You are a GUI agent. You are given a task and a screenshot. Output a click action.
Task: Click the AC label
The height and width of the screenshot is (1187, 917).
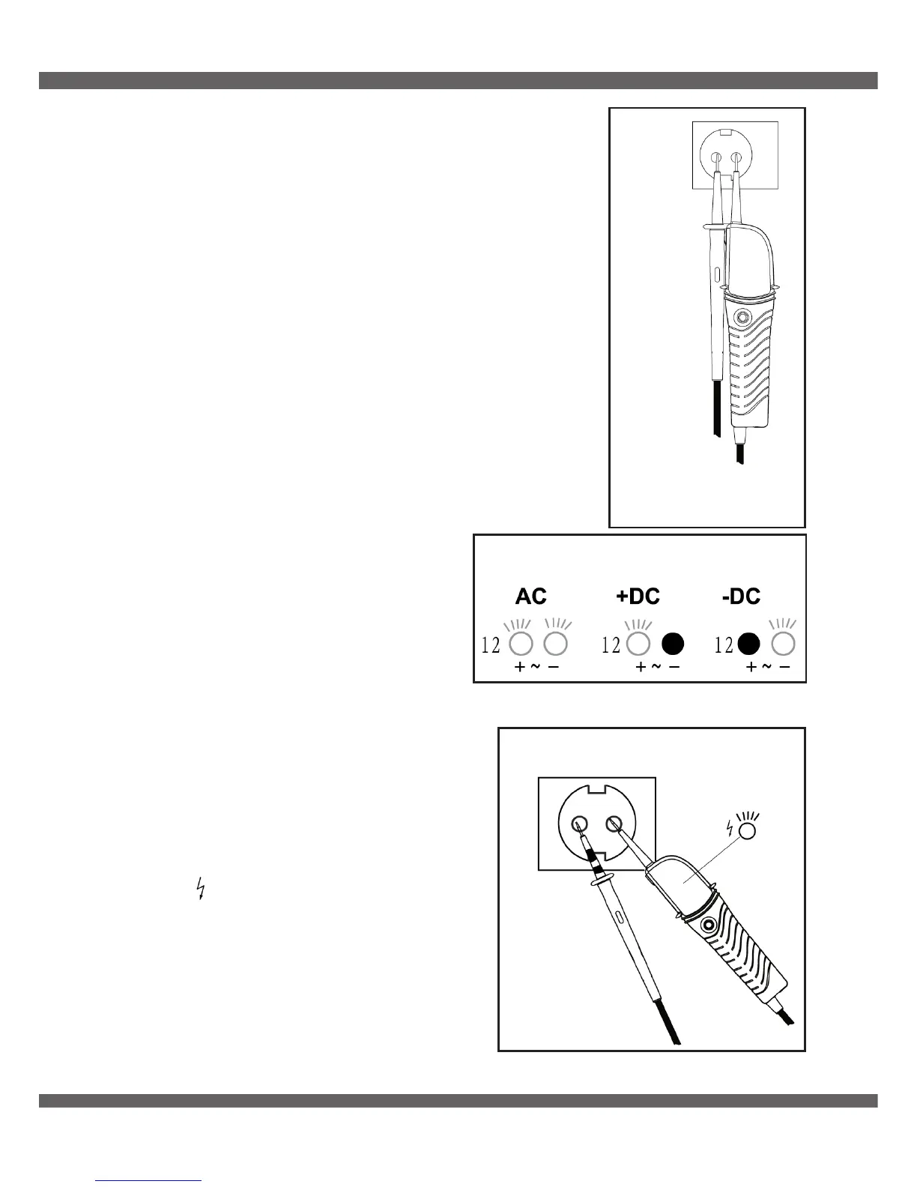pyautogui.click(x=530, y=596)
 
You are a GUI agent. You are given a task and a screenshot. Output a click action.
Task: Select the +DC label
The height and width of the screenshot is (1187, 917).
pyautogui.click(x=638, y=596)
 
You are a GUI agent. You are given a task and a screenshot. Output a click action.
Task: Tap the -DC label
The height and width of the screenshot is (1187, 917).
pyautogui.click(x=741, y=596)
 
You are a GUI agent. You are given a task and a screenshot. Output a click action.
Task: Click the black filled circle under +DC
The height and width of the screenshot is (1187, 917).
pyautogui.click(x=673, y=644)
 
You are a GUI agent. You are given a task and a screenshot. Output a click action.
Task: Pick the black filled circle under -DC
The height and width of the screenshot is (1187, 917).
pyautogui.click(x=749, y=644)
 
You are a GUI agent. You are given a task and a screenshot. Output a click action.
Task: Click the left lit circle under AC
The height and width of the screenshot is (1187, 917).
pyautogui.click(x=521, y=644)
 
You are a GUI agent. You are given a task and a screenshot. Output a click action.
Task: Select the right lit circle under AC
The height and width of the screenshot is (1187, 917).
pyautogui.click(x=555, y=644)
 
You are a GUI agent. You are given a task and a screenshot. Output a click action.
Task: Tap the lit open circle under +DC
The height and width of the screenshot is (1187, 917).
pyautogui.click(x=638, y=644)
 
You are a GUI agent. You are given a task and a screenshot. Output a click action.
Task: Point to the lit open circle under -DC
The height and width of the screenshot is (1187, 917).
pyautogui.click(x=784, y=644)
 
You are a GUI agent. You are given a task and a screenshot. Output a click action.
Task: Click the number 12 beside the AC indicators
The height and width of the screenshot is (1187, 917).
pyautogui.click(x=491, y=644)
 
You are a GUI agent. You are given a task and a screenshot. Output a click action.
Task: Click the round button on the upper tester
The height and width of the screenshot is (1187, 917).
pyautogui.click(x=742, y=317)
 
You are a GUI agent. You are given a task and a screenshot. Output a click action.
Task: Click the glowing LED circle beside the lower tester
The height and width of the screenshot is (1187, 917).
pyautogui.click(x=746, y=830)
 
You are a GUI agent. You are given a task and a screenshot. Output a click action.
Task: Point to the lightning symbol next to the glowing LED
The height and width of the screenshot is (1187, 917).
pyautogui.click(x=731, y=828)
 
